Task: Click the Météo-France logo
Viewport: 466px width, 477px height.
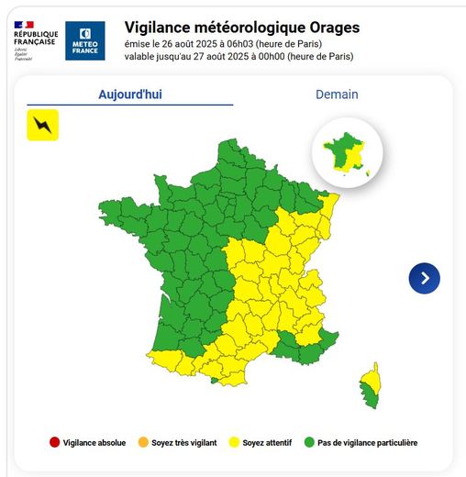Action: click(x=85, y=40)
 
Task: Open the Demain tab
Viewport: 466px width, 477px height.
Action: click(x=337, y=94)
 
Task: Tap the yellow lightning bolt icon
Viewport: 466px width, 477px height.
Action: click(x=42, y=124)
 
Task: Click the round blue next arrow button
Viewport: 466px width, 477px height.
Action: click(x=424, y=278)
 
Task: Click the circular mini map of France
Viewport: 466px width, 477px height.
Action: click(x=348, y=152)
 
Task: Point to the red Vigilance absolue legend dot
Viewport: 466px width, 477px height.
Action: click(x=54, y=443)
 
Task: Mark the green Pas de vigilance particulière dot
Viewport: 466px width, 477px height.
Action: click(x=308, y=443)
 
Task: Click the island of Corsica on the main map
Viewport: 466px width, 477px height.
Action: click(x=370, y=383)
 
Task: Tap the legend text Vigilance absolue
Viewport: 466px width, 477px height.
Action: click(x=94, y=443)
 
